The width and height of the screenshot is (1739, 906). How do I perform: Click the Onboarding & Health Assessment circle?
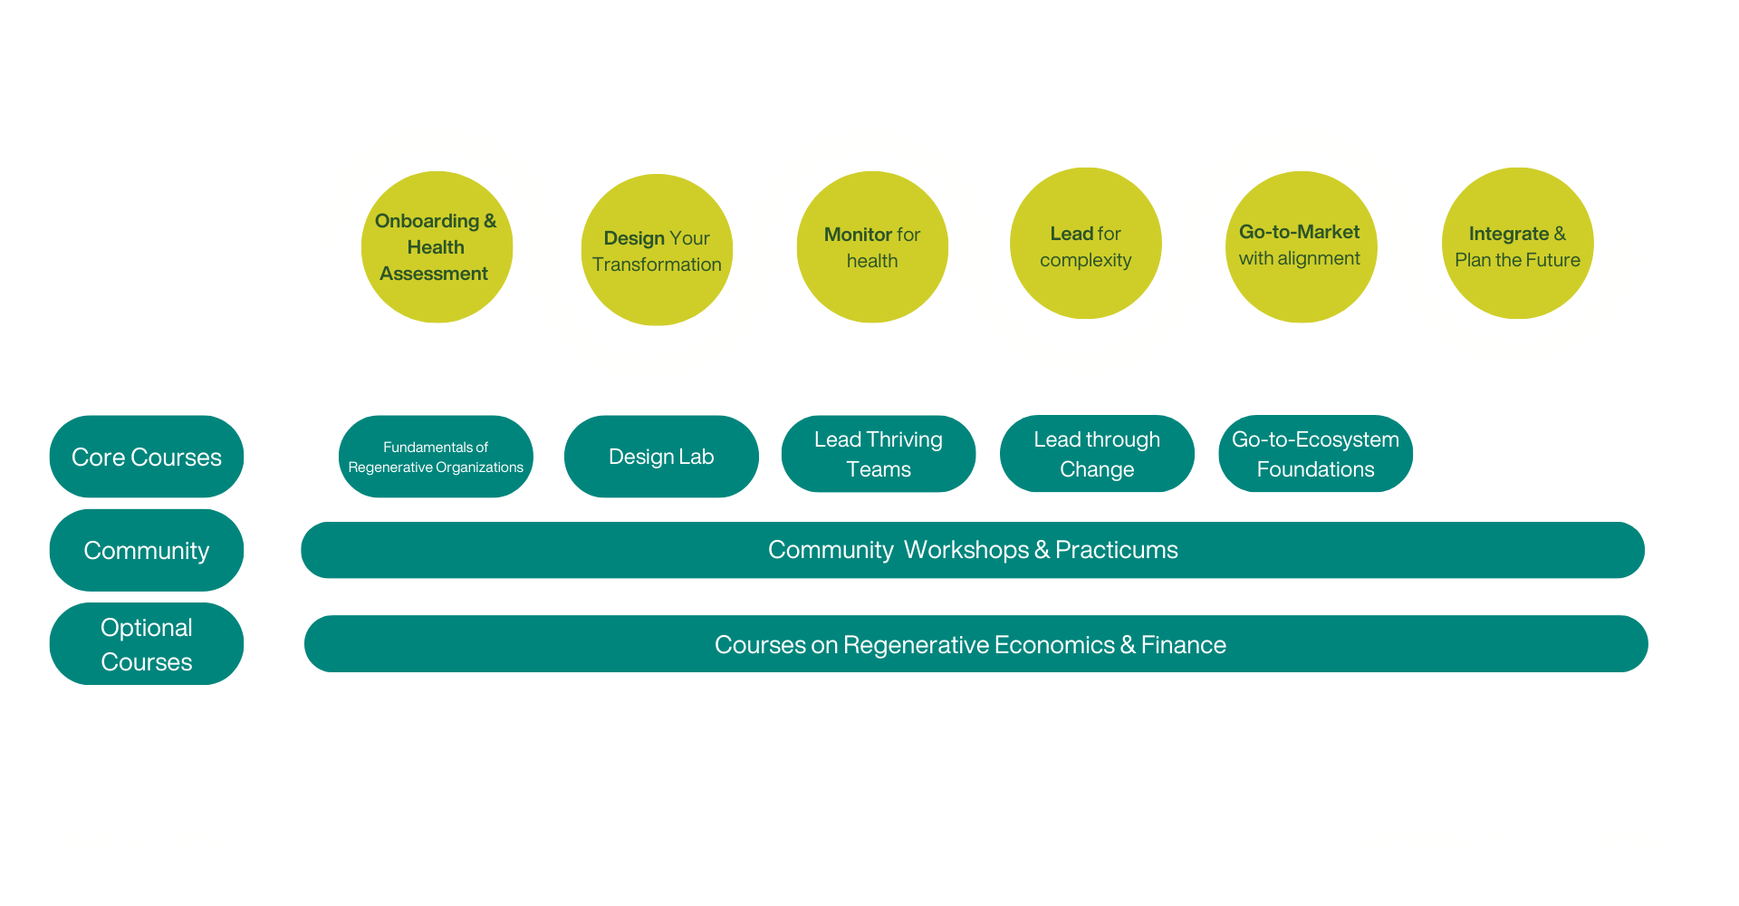[x=437, y=246]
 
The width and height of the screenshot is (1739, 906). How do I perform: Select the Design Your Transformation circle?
[x=657, y=250]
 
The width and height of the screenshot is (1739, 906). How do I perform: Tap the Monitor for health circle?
[x=872, y=246]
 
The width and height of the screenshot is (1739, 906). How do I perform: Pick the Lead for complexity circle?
[x=1085, y=244]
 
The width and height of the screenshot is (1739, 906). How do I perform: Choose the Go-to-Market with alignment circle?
[x=1301, y=246]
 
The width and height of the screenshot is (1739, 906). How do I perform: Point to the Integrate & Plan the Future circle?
[x=1517, y=244]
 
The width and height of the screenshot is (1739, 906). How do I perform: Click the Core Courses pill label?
[x=147, y=457]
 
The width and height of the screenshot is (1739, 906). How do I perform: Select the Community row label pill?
[x=147, y=550]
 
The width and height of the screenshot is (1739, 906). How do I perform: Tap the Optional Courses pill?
[x=147, y=644]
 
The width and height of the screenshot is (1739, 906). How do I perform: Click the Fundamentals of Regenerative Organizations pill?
[x=436, y=457]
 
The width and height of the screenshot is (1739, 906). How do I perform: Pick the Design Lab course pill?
[x=661, y=457]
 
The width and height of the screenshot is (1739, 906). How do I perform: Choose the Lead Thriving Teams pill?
[x=879, y=454]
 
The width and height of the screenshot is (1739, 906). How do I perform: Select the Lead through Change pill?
[x=1097, y=454]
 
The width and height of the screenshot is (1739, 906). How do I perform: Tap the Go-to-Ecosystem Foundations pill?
[x=1315, y=454]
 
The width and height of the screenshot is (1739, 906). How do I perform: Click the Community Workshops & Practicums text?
[x=973, y=550]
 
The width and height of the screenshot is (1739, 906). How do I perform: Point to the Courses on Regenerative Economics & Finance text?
[x=970, y=644]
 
